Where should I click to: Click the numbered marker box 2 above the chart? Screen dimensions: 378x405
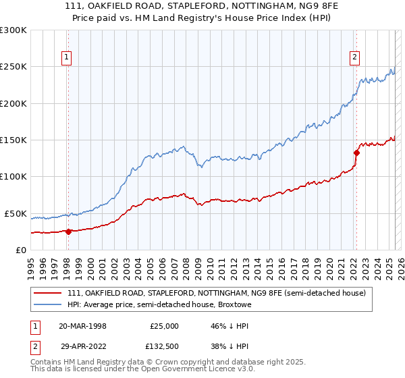(x=354, y=58)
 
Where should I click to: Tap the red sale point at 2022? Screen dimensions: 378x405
(x=356, y=153)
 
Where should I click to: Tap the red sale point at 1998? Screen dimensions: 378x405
(x=68, y=232)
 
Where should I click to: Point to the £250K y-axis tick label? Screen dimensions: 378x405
(x=13, y=67)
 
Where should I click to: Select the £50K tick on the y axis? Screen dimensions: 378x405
(x=16, y=213)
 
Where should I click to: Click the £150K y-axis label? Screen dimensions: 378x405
(x=13, y=140)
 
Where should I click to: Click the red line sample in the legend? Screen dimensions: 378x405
(x=47, y=293)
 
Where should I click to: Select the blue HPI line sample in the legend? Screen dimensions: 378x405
(x=47, y=305)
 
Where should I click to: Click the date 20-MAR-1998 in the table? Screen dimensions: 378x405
(x=82, y=326)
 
